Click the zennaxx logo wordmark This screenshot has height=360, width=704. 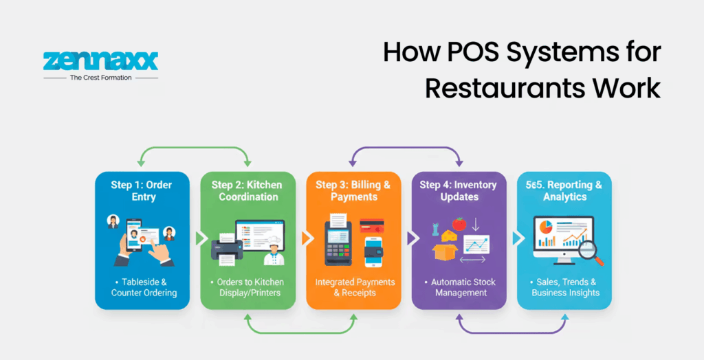100,60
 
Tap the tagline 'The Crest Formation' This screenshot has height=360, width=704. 100,78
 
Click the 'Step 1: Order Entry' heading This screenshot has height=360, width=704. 142,190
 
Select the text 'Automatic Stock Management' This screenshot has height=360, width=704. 459,287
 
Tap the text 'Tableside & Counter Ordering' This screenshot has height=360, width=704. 143,287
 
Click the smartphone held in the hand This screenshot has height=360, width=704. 133,236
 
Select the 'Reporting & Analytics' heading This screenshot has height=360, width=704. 564,190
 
